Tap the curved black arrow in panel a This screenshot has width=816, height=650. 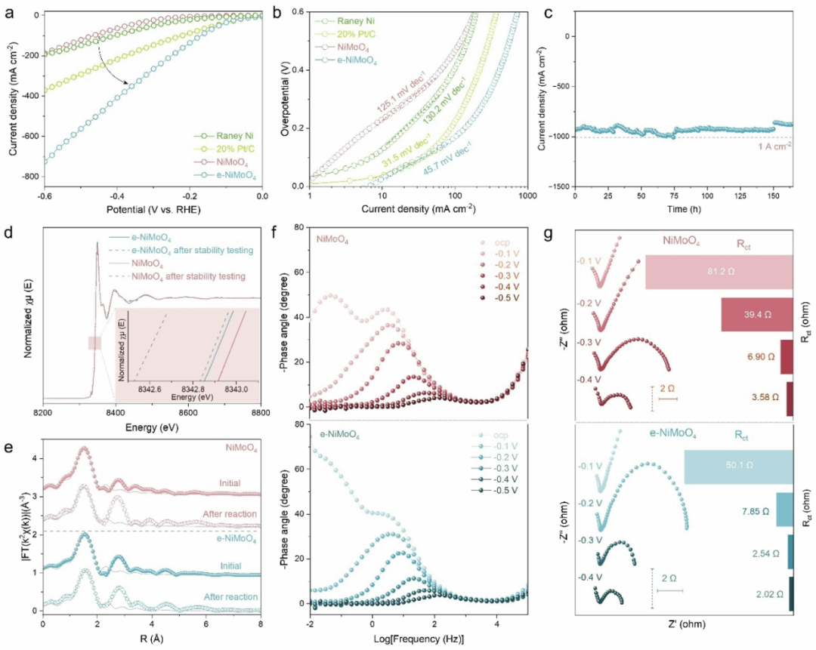(113, 63)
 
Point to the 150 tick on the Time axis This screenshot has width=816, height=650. (768, 197)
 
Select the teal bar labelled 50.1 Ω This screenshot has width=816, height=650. (737, 467)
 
